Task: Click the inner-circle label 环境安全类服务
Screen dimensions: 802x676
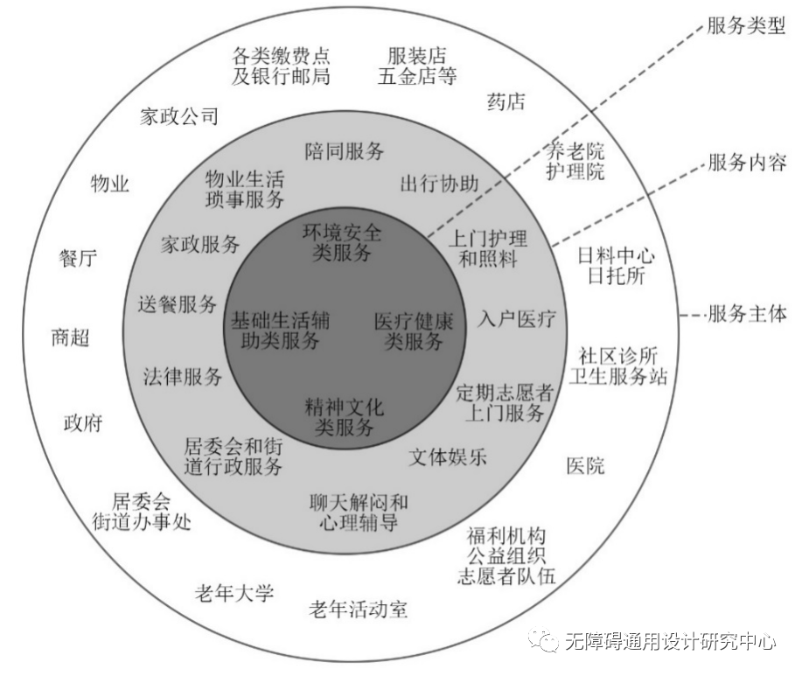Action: click(x=342, y=243)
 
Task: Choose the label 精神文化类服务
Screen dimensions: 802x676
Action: click(x=344, y=417)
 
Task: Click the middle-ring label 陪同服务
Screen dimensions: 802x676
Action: click(x=345, y=151)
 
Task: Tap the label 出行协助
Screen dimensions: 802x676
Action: click(x=439, y=184)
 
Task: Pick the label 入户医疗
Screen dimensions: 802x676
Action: click(x=517, y=318)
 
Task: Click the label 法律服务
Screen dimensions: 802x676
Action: click(x=183, y=377)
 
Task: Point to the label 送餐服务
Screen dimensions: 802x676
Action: click(x=178, y=304)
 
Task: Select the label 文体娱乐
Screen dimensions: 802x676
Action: click(x=449, y=457)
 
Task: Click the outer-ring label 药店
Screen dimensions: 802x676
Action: click(x=506, y=102)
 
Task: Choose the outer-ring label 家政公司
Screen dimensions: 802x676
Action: click(x=178, y=116)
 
